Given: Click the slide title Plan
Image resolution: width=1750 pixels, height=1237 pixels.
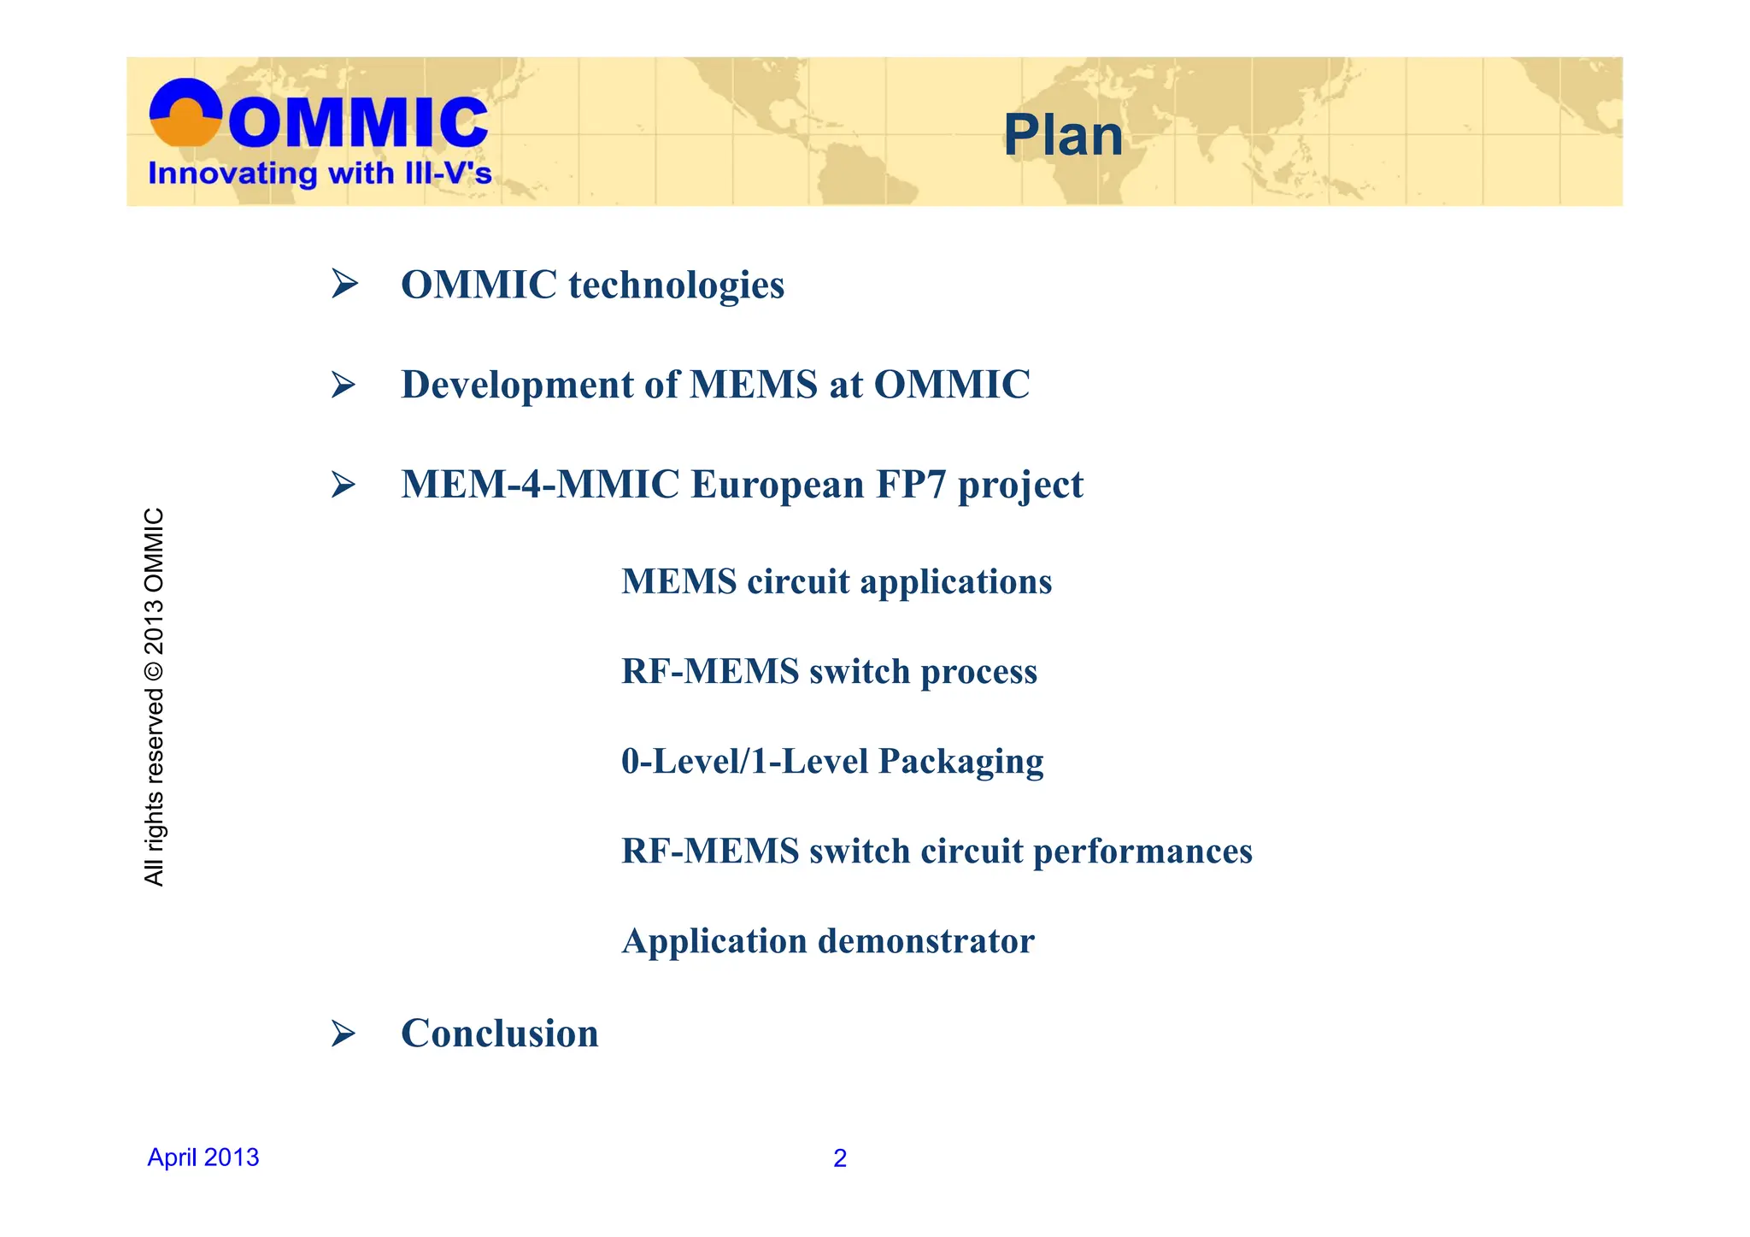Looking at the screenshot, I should click(1062, 136).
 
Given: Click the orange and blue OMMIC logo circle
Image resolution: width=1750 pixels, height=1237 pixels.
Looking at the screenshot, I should click(185, 113).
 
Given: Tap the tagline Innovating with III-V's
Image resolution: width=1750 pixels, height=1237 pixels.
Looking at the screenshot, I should click(320, 174).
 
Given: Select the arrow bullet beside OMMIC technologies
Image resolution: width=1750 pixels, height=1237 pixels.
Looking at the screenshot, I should click(344, 284).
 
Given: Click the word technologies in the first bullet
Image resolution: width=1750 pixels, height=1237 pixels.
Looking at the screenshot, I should click(676, 286).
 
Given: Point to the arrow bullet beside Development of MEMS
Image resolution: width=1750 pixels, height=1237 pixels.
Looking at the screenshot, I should click(344, 385).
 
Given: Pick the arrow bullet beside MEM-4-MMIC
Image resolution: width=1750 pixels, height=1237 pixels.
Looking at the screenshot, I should click(344, 485).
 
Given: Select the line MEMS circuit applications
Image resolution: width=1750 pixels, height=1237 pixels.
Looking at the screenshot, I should click(837, 582).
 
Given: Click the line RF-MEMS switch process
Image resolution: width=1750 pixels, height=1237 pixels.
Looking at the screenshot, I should click(829, 672).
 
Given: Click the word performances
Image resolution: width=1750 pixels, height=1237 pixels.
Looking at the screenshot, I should click(1142, 851).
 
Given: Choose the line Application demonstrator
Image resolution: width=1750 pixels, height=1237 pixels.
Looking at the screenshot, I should click(828, 941).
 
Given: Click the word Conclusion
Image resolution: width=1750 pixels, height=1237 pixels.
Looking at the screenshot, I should click(500, 1034).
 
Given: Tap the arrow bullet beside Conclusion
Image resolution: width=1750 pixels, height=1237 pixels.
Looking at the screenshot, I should click(344, 1034).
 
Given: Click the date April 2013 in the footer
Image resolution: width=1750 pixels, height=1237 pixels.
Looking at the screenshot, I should click(203, 1157).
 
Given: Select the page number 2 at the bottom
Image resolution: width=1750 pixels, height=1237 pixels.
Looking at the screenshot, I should click(840, 1158).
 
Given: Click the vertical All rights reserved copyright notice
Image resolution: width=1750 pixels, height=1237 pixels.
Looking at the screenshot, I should click(154, 697).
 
